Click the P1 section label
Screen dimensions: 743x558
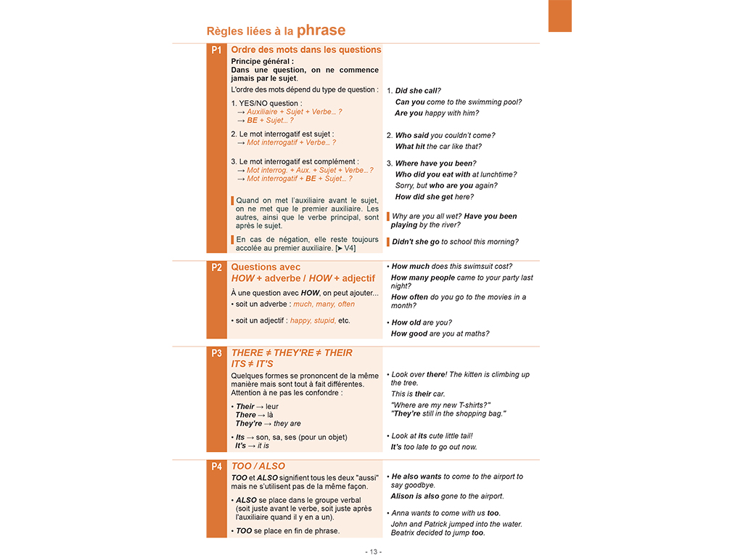(x=216, y=50)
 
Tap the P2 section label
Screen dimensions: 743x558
(x=216, y=267)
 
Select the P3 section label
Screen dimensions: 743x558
(x=216, y=353)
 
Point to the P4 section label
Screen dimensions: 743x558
(x=216, y=466)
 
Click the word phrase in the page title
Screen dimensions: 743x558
(x=321, y=31)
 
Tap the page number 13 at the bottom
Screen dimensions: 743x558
(x=374, y=551)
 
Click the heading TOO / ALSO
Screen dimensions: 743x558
(x=258, y=466)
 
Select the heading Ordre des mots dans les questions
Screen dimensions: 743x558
(x=305, y=50)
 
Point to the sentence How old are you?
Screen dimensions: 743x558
(x=421, y=323)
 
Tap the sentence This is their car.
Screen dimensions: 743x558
(x=418, y=394)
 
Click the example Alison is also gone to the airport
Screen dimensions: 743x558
(x=447, y=496)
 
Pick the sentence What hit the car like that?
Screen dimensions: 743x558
(x=438, y=147)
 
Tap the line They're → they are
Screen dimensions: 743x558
(x=268, y=424)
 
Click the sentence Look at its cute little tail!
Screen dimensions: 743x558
(x=431, y=436)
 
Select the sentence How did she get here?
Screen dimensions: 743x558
(x=434, y=197)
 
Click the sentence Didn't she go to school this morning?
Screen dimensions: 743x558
(x=455, y=242)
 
